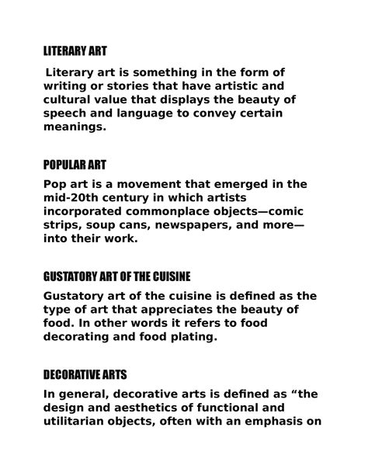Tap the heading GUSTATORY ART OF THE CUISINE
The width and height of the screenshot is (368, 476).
pyautogui.click(x=128, y=276)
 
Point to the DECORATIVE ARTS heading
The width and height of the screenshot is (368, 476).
pyautogui.click(x=88, y=374)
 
